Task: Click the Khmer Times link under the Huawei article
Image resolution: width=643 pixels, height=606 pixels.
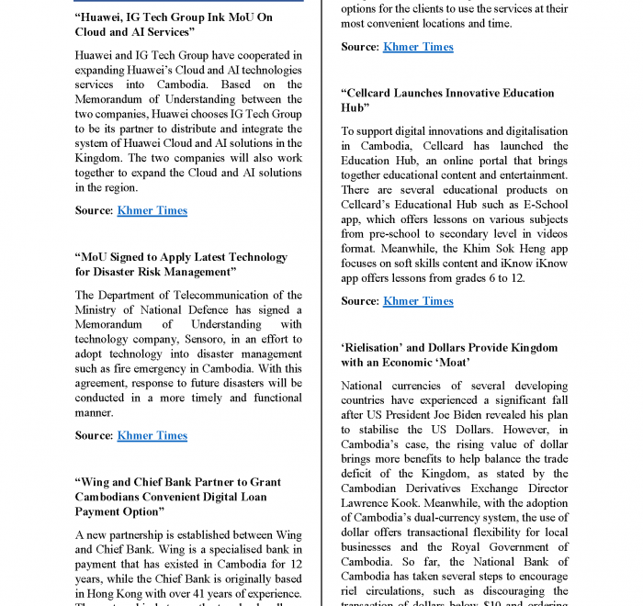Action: pyautogui.click(x=152, y=210)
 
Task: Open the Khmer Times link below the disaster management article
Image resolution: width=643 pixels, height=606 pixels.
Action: pyautogui.click(x=152, y=435)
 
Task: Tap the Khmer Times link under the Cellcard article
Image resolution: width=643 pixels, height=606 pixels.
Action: pyautogui.click(x=418, y=301)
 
